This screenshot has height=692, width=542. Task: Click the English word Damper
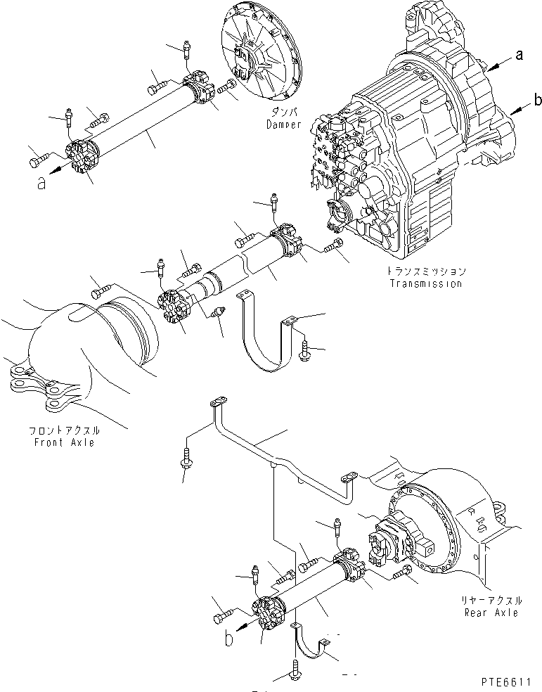[x=283, y=124]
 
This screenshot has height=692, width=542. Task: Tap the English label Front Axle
[x=63, y=442]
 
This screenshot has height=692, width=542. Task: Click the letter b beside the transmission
[x=537, y=101]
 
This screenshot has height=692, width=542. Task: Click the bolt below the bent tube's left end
[x=186, y=461]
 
